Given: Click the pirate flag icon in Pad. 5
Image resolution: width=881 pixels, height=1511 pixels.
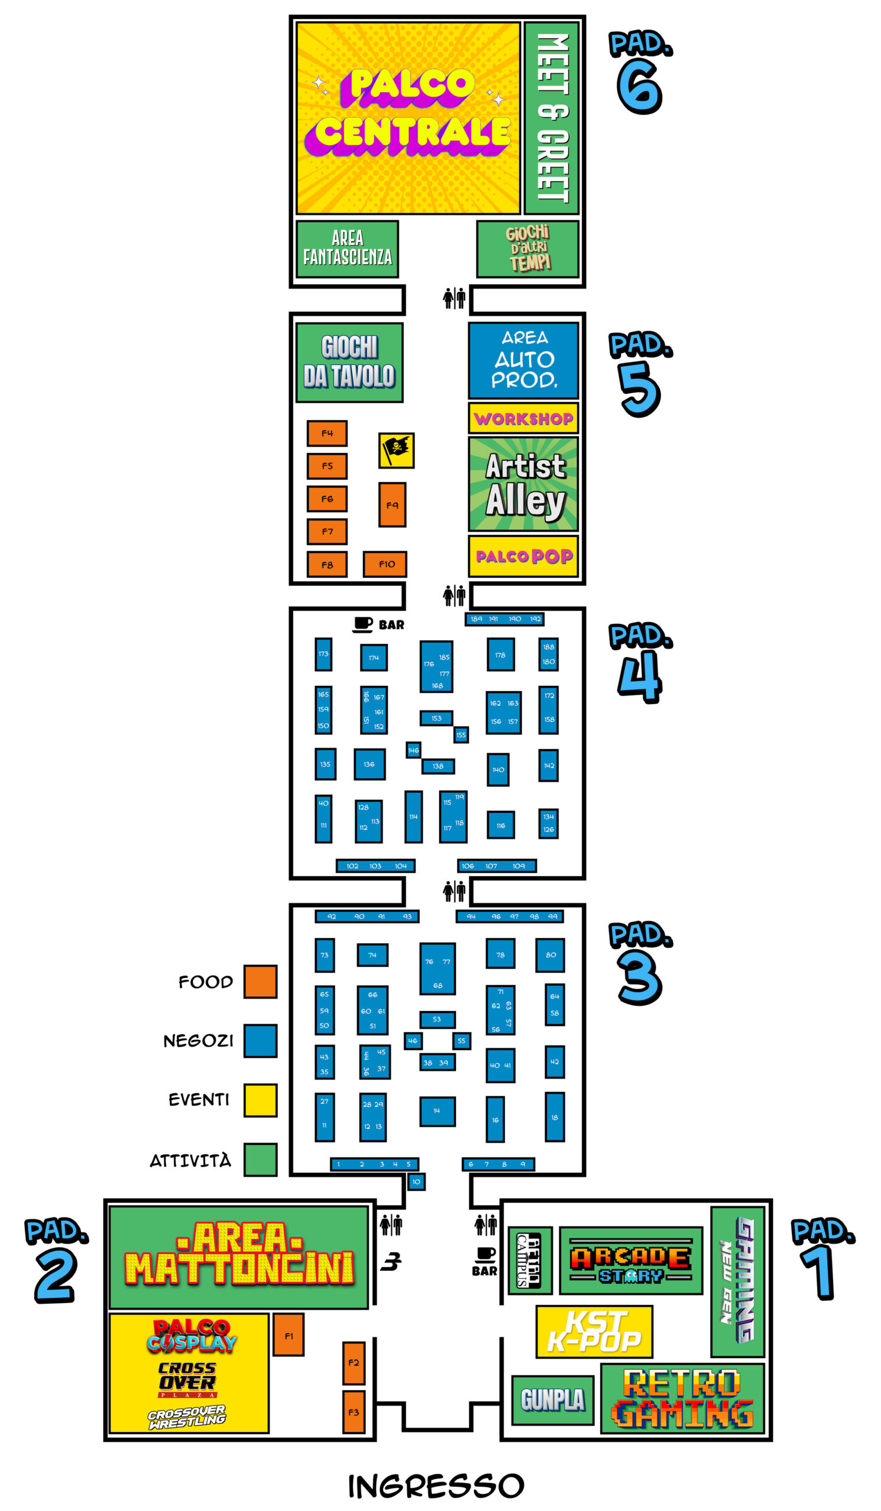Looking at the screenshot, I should [396, 450].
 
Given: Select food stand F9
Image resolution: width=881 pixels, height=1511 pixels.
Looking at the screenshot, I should [392, 505].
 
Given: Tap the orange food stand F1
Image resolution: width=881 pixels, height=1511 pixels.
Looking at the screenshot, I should [289, 1334].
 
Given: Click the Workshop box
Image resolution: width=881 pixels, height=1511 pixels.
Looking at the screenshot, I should [523, 418].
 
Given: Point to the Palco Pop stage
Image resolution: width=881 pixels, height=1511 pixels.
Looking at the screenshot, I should [523, 557].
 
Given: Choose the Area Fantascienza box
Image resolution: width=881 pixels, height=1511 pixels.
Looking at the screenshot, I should [347, 249].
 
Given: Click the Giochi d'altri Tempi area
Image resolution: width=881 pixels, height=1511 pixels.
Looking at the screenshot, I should [528, 249].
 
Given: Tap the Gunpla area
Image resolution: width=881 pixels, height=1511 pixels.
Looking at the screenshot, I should [552, 1400].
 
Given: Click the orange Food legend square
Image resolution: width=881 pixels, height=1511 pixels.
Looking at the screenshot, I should [260, 982].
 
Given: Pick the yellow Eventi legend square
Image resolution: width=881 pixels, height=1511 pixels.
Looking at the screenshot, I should [260, 1100].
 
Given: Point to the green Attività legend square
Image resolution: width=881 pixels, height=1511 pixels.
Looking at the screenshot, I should [260, 1160].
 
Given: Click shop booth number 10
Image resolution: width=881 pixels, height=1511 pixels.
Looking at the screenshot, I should [416, 1182].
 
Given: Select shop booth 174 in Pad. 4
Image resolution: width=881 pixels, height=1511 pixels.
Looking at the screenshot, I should [374, 658].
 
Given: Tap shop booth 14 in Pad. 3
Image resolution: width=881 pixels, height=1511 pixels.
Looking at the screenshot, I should [437, 1111].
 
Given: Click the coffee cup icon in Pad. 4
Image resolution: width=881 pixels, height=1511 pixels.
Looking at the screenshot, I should [362, 624].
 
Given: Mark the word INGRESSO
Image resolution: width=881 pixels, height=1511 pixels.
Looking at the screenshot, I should [435, 1486].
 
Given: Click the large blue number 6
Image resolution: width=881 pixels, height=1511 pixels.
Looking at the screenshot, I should [639, 87].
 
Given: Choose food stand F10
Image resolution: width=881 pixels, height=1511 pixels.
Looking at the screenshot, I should [385, 564].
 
